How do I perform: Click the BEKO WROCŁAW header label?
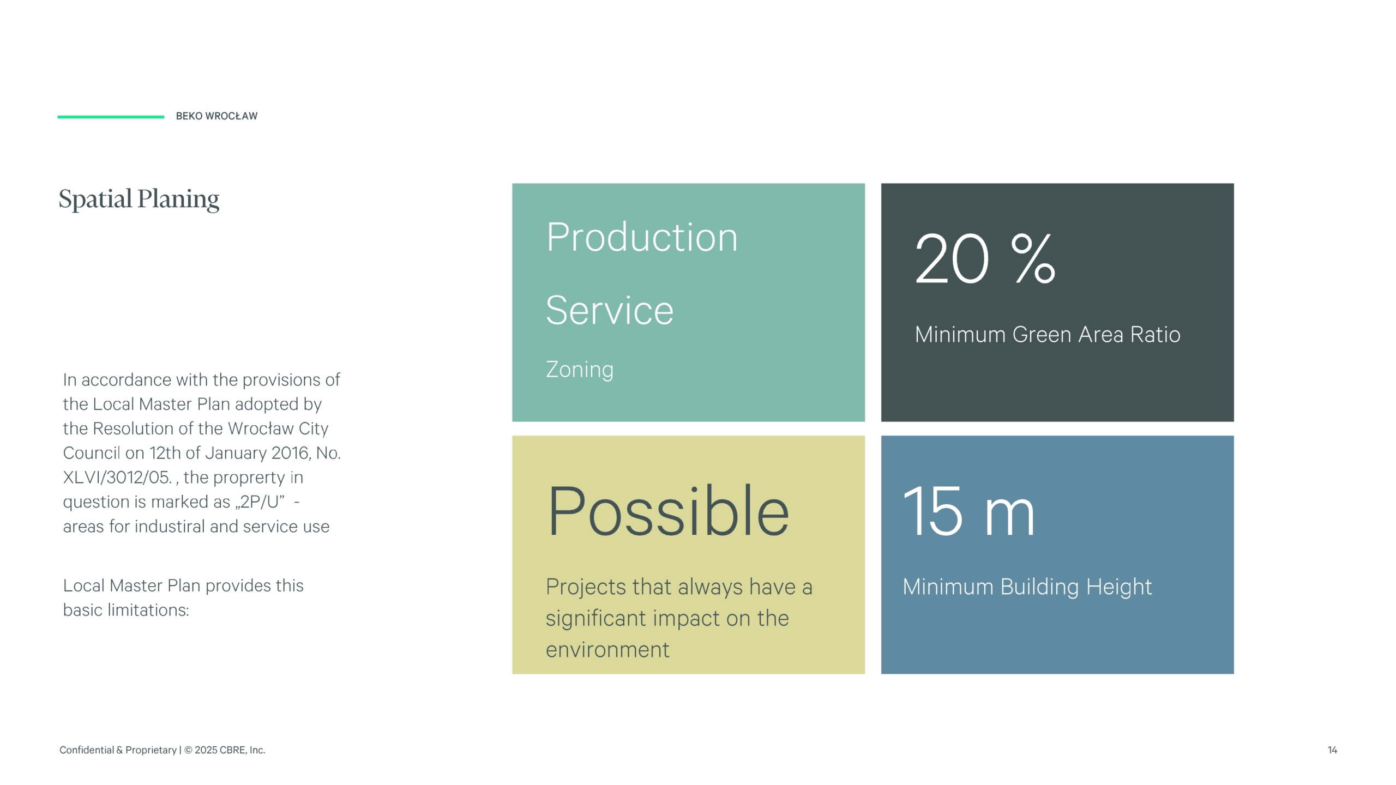216,116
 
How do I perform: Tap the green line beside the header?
111,117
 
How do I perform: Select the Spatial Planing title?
139,200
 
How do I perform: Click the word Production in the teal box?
642,238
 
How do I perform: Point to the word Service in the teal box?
610,310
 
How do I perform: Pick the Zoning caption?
580,370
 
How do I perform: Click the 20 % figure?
985,258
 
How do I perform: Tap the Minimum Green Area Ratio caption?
1048,335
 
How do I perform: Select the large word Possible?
668,511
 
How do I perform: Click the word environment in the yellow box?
607,650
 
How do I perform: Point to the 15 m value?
969,511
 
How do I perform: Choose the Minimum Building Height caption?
1027,587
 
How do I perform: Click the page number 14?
1332,750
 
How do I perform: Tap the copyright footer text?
163,750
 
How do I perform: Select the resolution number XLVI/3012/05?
118,478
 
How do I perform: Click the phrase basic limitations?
126,610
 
